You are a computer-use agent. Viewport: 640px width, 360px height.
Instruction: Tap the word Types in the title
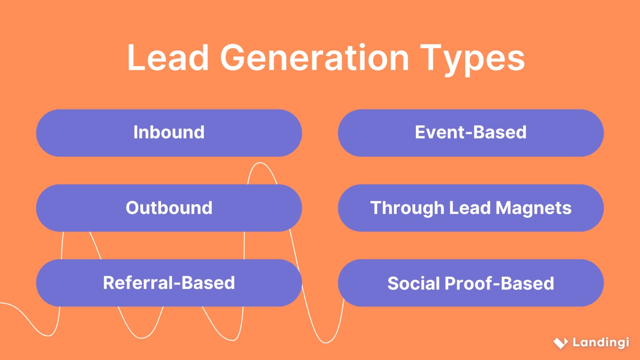tap(471, 60)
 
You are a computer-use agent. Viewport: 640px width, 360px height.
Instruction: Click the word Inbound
tap(169, 132)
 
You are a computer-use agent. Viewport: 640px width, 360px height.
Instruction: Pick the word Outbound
tap(169, 207)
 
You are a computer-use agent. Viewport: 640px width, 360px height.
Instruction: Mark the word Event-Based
tap(471, 132)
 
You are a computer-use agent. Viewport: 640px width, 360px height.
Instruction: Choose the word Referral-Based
tap(169, 283)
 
